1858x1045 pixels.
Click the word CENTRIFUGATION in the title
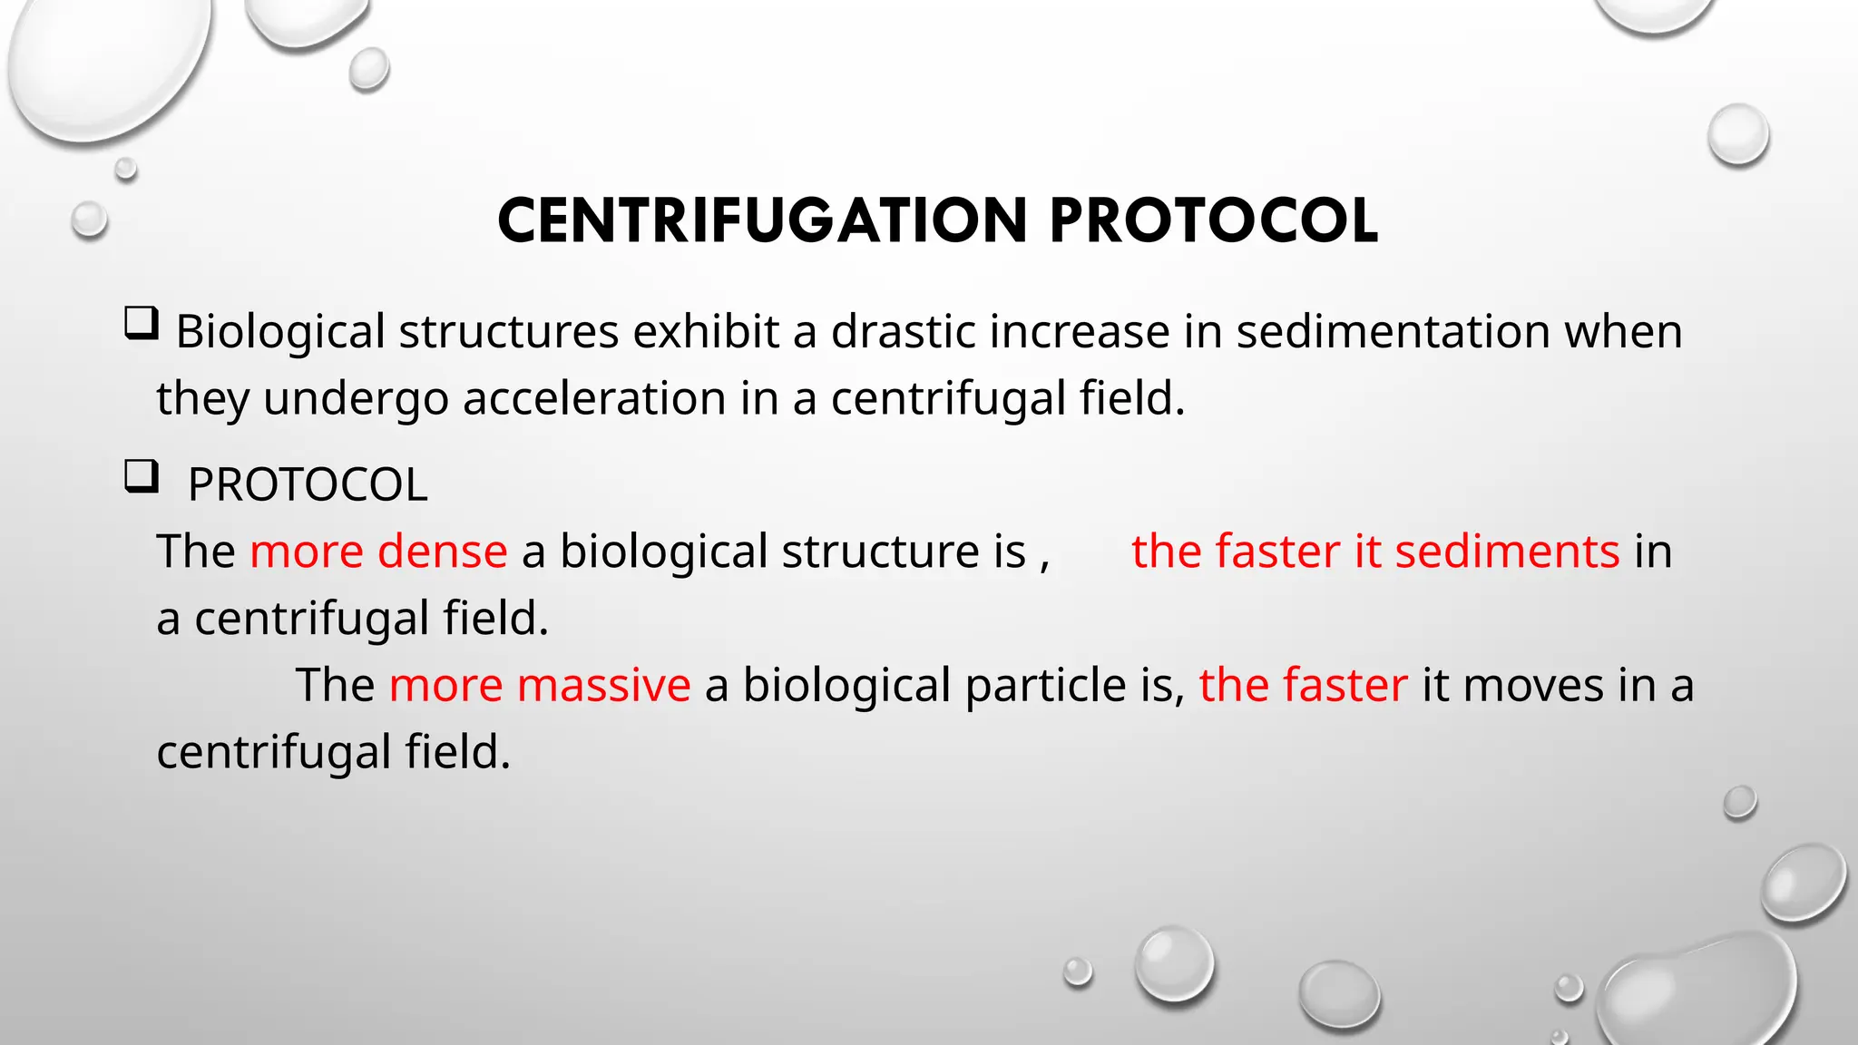tap(762, 221)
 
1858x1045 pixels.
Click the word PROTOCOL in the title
tap(1214, 221)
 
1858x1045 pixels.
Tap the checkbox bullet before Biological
tap(142, 323)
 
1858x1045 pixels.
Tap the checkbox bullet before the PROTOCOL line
tap(142, 476)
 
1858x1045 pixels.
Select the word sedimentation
tap(1393, 331)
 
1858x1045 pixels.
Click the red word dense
tap(442, 552)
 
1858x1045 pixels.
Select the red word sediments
tap(1507, 552)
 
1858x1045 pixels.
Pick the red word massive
tap(603, 685)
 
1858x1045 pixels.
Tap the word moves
tap(1533, 685)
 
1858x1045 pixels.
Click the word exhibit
tap(706, 331)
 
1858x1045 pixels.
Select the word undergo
tap(356, 400)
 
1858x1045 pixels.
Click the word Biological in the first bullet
tap(280, 331)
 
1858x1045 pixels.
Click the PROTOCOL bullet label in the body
tap(307, 484)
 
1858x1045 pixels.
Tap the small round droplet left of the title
tap(89, 220)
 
